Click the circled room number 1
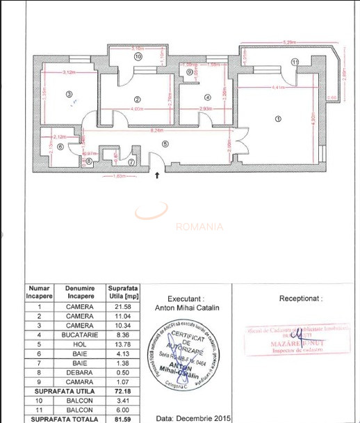point(279,119)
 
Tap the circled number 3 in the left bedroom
point(69,94)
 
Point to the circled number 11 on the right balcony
point(295,63)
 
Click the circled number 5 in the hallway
point(165,143)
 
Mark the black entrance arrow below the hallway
point(157,175)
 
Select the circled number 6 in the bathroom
point(60,147)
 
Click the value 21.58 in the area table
point(122,306)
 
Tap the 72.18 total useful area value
point(122,391)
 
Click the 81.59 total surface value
point(122,418)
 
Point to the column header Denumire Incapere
point(79,292)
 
